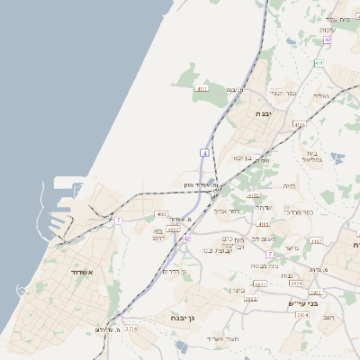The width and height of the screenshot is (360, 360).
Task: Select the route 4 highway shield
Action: point(205,155)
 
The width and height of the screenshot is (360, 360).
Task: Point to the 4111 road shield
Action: point(202,89)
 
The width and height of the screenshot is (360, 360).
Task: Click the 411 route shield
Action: point(319,63)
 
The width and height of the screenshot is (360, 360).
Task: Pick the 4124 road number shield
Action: point(300,124)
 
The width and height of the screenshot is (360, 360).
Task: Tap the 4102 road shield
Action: point(254,194)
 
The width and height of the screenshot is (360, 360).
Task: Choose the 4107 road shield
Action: point(315,241)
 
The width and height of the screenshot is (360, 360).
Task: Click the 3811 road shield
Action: point(260,283)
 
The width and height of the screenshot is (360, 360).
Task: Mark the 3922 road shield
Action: point(250,298)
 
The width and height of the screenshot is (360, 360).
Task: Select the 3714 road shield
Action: point(131,329)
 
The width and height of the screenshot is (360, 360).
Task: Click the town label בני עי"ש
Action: point(320,304)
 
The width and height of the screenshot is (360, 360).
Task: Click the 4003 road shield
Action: point(162,214)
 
